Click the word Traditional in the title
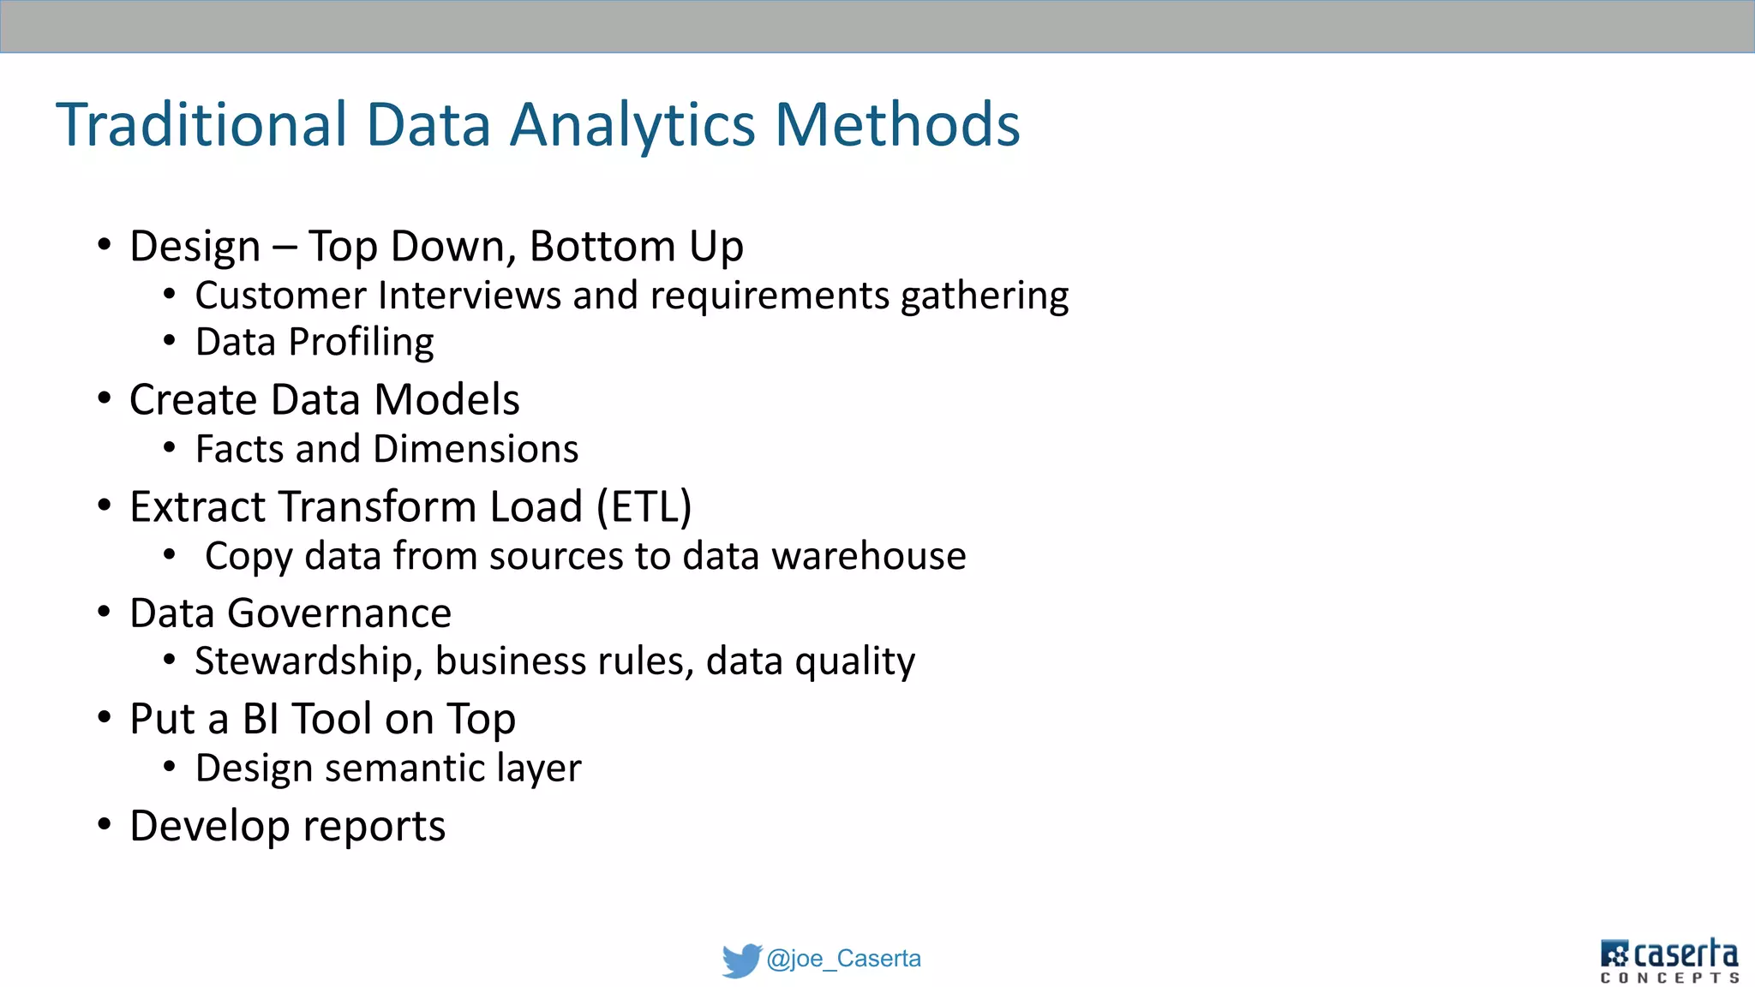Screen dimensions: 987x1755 (201, 125)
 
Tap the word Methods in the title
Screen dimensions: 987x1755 (897, 125)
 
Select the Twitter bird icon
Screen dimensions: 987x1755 (741, 960)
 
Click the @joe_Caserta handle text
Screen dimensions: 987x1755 (843, 958)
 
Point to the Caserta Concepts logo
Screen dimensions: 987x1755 (1668, 960)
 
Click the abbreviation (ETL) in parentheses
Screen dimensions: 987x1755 (644, 506)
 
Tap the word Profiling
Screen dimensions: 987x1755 (361, 343)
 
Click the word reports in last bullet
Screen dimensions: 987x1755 (374, 827)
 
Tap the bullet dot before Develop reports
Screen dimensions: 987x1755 (105, 825)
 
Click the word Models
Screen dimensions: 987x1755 (446, 399)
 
